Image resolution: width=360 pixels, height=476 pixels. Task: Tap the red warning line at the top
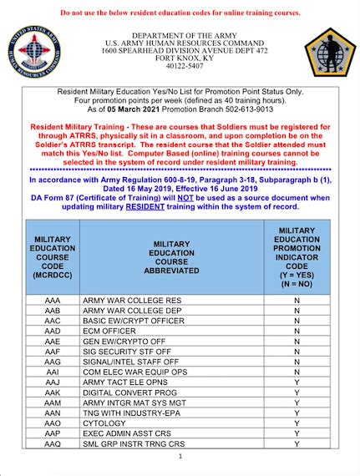pos(180,13)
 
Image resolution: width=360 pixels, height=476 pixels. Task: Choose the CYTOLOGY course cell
pos(104,423)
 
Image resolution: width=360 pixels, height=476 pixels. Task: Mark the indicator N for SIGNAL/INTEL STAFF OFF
pos(297,360)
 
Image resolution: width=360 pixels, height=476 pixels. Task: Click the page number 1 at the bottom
pos(180,457)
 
